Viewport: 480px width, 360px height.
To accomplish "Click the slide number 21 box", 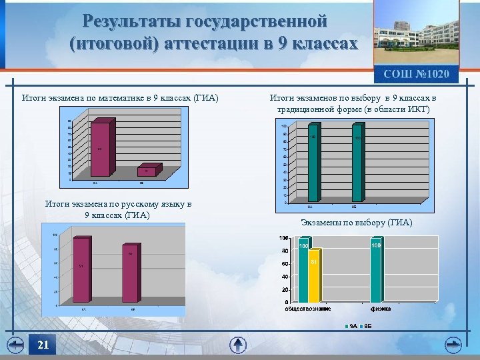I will click(43, 345).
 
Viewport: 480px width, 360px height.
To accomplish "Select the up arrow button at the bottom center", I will click(238, 345).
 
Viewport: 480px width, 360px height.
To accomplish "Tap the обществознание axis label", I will click(308, 309).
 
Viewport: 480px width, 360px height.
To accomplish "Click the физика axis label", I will click(381, 309).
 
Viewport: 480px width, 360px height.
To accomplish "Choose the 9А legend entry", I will click(351, 325).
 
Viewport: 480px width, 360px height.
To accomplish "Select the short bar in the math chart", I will click(146, 171).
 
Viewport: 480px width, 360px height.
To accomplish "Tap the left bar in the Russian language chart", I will click(81, 269).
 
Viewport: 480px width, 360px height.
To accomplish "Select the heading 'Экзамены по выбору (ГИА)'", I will click(357, 223).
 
